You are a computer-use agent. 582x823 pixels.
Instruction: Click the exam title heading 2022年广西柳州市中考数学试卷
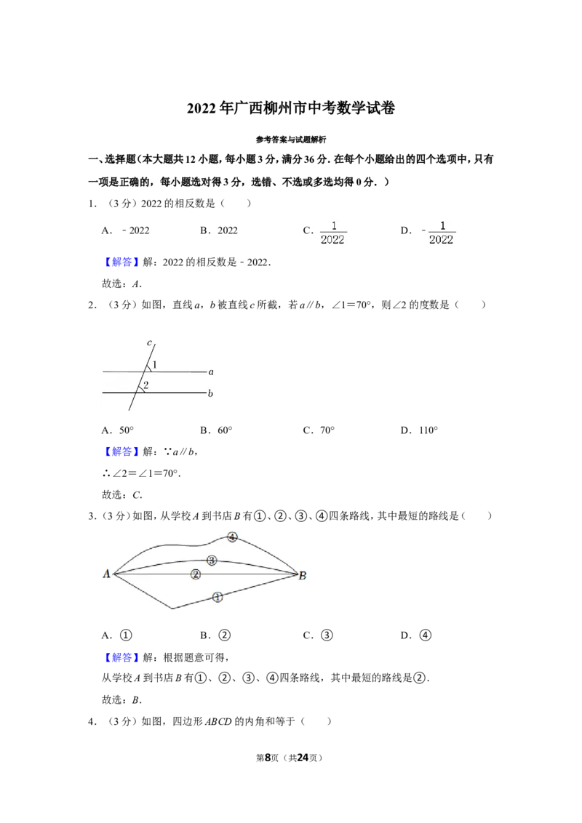point(290,108)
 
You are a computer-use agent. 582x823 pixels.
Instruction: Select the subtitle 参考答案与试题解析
point(290,140)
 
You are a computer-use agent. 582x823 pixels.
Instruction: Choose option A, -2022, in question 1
point(126,230)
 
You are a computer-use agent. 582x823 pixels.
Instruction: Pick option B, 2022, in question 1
point(218,230)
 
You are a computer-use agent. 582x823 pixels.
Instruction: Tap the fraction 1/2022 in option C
point(332,233)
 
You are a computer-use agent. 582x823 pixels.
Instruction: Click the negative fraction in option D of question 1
point(439,233)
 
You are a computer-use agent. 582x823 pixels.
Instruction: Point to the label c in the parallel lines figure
point(149,342)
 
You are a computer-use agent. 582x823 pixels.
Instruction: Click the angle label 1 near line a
point(154,364)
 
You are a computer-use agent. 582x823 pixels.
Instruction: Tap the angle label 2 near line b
point(146,385)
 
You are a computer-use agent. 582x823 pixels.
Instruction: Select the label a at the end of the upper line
point(211,372)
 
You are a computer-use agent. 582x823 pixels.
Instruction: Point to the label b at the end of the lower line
point(210,393)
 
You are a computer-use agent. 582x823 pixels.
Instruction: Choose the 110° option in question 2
point(419,430)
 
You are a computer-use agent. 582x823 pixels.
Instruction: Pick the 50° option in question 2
point(118,430)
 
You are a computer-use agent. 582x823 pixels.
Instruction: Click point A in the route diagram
point(107,574)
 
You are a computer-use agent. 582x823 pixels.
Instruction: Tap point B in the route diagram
point(303,576)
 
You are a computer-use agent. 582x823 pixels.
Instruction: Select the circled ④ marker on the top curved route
point(232,537)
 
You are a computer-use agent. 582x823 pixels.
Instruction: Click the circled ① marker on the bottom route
point(218,597)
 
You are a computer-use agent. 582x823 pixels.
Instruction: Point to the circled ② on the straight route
point(196,574)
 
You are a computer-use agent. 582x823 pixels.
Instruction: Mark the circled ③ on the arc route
point(212,561)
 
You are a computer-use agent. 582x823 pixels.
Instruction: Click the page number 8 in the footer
point(268,758)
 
